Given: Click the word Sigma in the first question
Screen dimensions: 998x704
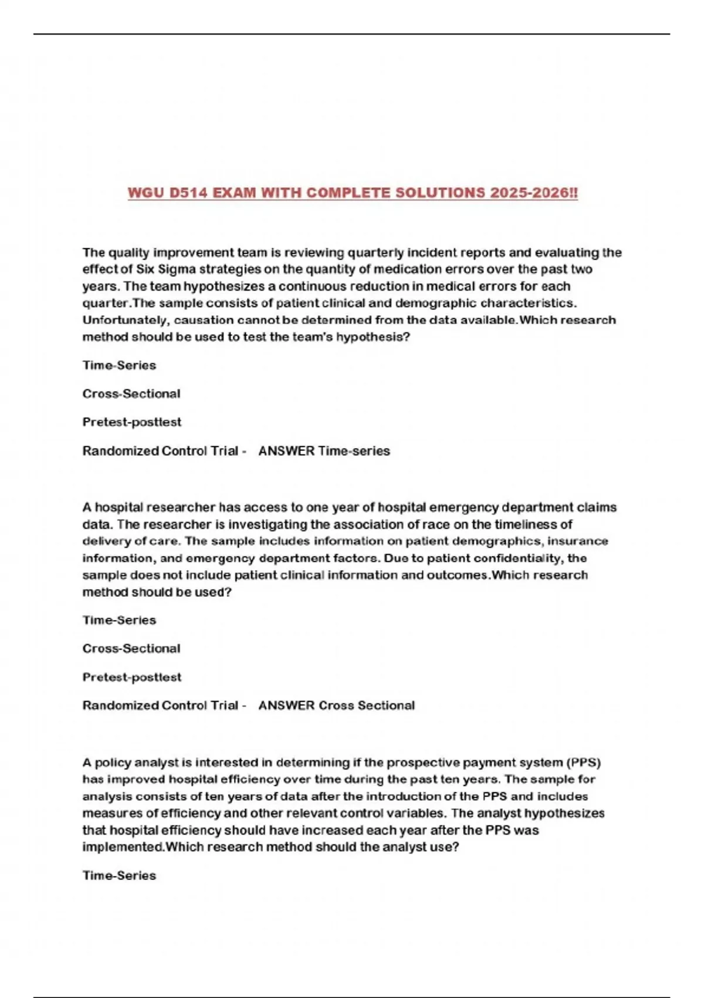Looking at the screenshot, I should (175, 269).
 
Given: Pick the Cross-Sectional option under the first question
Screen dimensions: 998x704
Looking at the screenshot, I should (131, 394).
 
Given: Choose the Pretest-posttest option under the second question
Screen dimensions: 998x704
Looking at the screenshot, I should (132, 677).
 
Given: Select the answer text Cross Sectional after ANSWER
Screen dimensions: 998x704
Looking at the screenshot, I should (367, 706).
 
